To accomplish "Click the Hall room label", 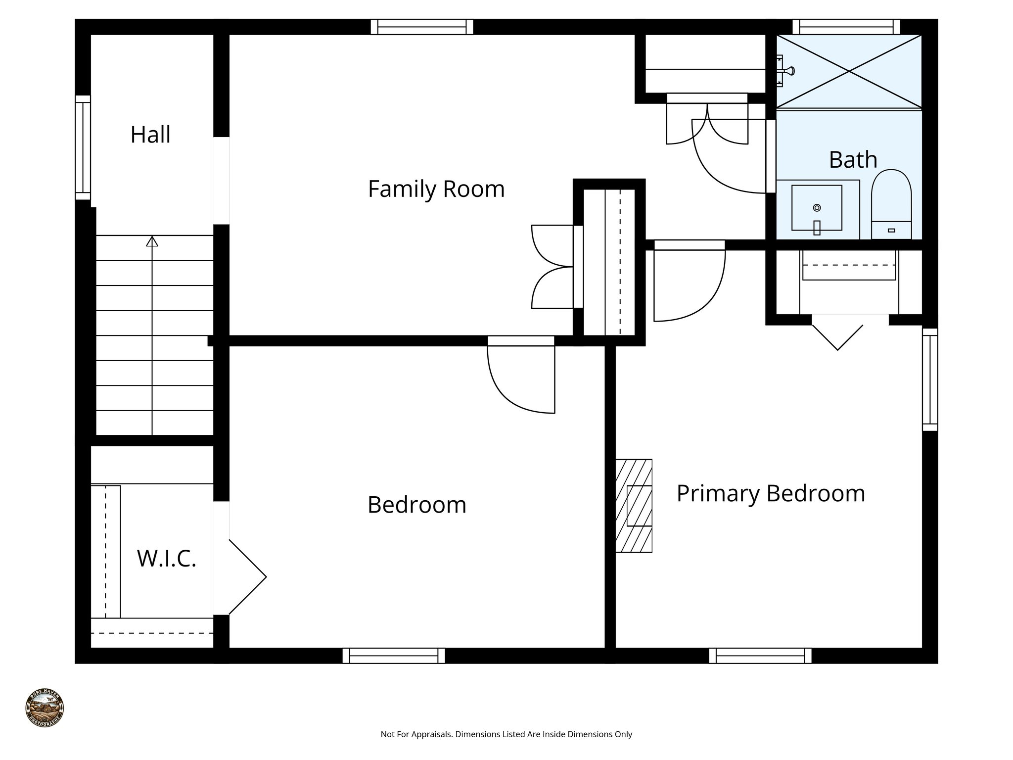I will click(150, 135).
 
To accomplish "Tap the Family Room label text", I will click(436, 189).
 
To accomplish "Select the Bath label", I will click(853, 160).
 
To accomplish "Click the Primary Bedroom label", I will click(770, 493).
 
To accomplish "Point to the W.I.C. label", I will click(167, 558).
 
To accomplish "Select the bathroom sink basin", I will click(817, 208).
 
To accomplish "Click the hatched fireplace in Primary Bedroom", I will click(634, 506).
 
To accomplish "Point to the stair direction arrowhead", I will click(152, 241).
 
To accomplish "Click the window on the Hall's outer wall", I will click(83, 147).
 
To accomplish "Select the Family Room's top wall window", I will click(422, 27).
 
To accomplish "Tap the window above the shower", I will click(846, 27).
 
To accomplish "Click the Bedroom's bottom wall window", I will click(394, 656).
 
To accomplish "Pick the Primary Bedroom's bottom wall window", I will click(760, 656).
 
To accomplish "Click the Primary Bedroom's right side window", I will click(930, 380).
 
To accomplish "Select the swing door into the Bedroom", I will click(521, 376).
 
